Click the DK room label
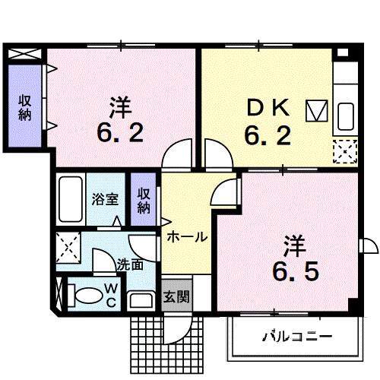coord(268,109)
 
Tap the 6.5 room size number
coord(296,271)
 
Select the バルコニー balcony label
coord(297,337)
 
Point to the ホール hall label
coord(187,237)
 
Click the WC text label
coord(111,295)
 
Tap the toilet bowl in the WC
coord(86,296)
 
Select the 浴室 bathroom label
coord(105,199)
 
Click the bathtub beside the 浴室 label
coord(71,199)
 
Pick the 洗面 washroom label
coord(130,264)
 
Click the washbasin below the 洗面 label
coord(141,301)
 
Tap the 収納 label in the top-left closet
coord(25,107)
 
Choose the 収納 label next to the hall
coord(144,201)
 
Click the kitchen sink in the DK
coord(346,116)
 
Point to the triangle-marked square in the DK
coord(317,111)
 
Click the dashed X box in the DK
coord(345,151)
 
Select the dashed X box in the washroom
coord(68,247)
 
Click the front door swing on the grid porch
coord(179,328)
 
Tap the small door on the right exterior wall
coord(369,245)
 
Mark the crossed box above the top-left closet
coord(24,54)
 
